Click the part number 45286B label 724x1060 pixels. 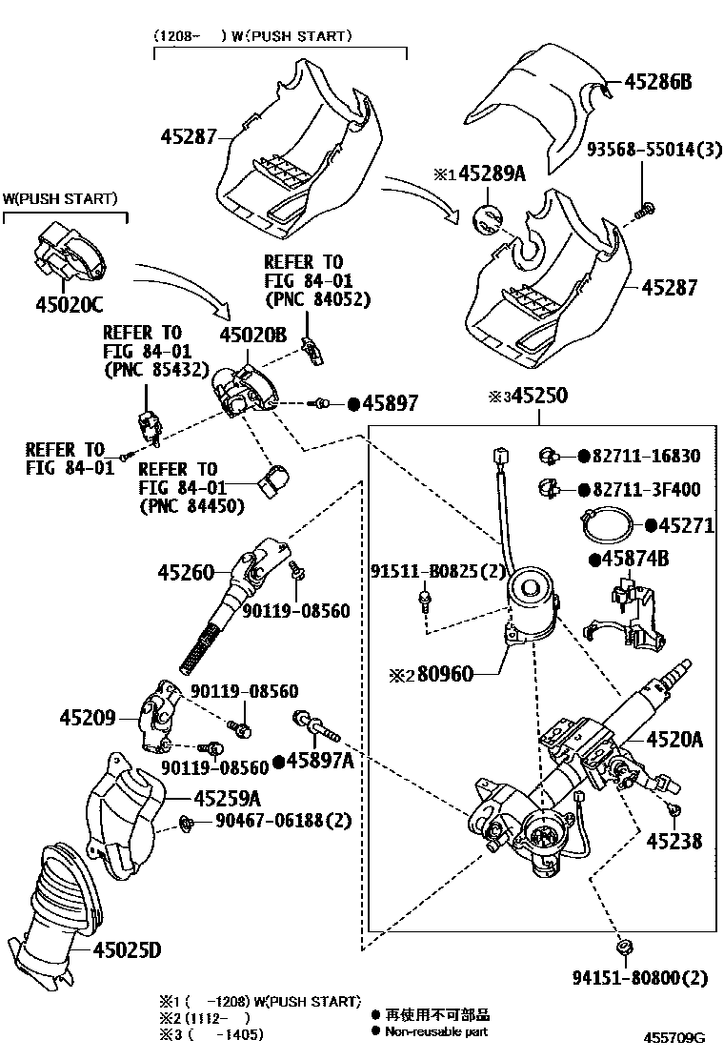click(658, 82)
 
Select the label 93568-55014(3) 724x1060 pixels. click(653, 149)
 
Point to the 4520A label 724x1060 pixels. click(674, 738)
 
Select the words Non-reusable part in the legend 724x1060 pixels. click(436, 1031)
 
